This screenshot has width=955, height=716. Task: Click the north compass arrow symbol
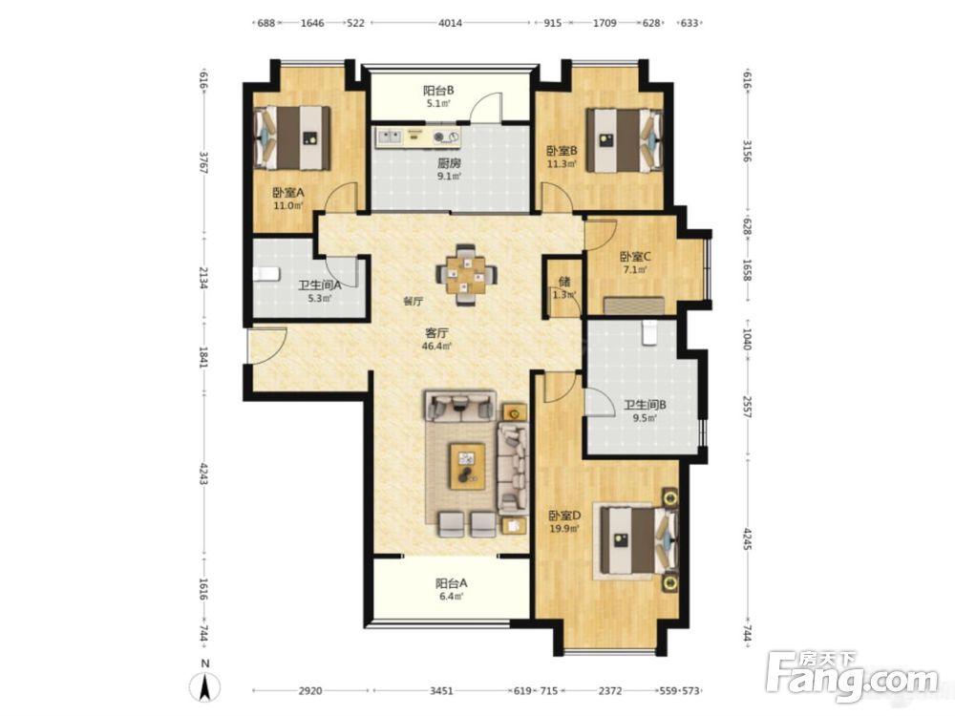coord(206,687)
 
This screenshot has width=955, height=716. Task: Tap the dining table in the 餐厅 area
coord(466,275)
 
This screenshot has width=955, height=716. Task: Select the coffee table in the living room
coord(467,466)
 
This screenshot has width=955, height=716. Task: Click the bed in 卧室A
coord(291,138)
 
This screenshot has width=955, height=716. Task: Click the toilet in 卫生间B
coord(649,333)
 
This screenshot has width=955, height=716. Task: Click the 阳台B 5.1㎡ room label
coord(438,96)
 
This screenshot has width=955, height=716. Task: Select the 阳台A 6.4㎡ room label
coord(451,589)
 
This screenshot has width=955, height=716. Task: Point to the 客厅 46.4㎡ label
coord(437,339)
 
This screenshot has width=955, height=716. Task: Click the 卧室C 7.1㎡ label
coord(635,263)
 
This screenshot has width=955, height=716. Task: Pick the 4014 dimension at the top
coord(450,23)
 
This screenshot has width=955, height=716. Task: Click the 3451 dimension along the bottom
coord(441,691)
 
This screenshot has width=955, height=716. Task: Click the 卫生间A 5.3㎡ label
coord(319,291)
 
